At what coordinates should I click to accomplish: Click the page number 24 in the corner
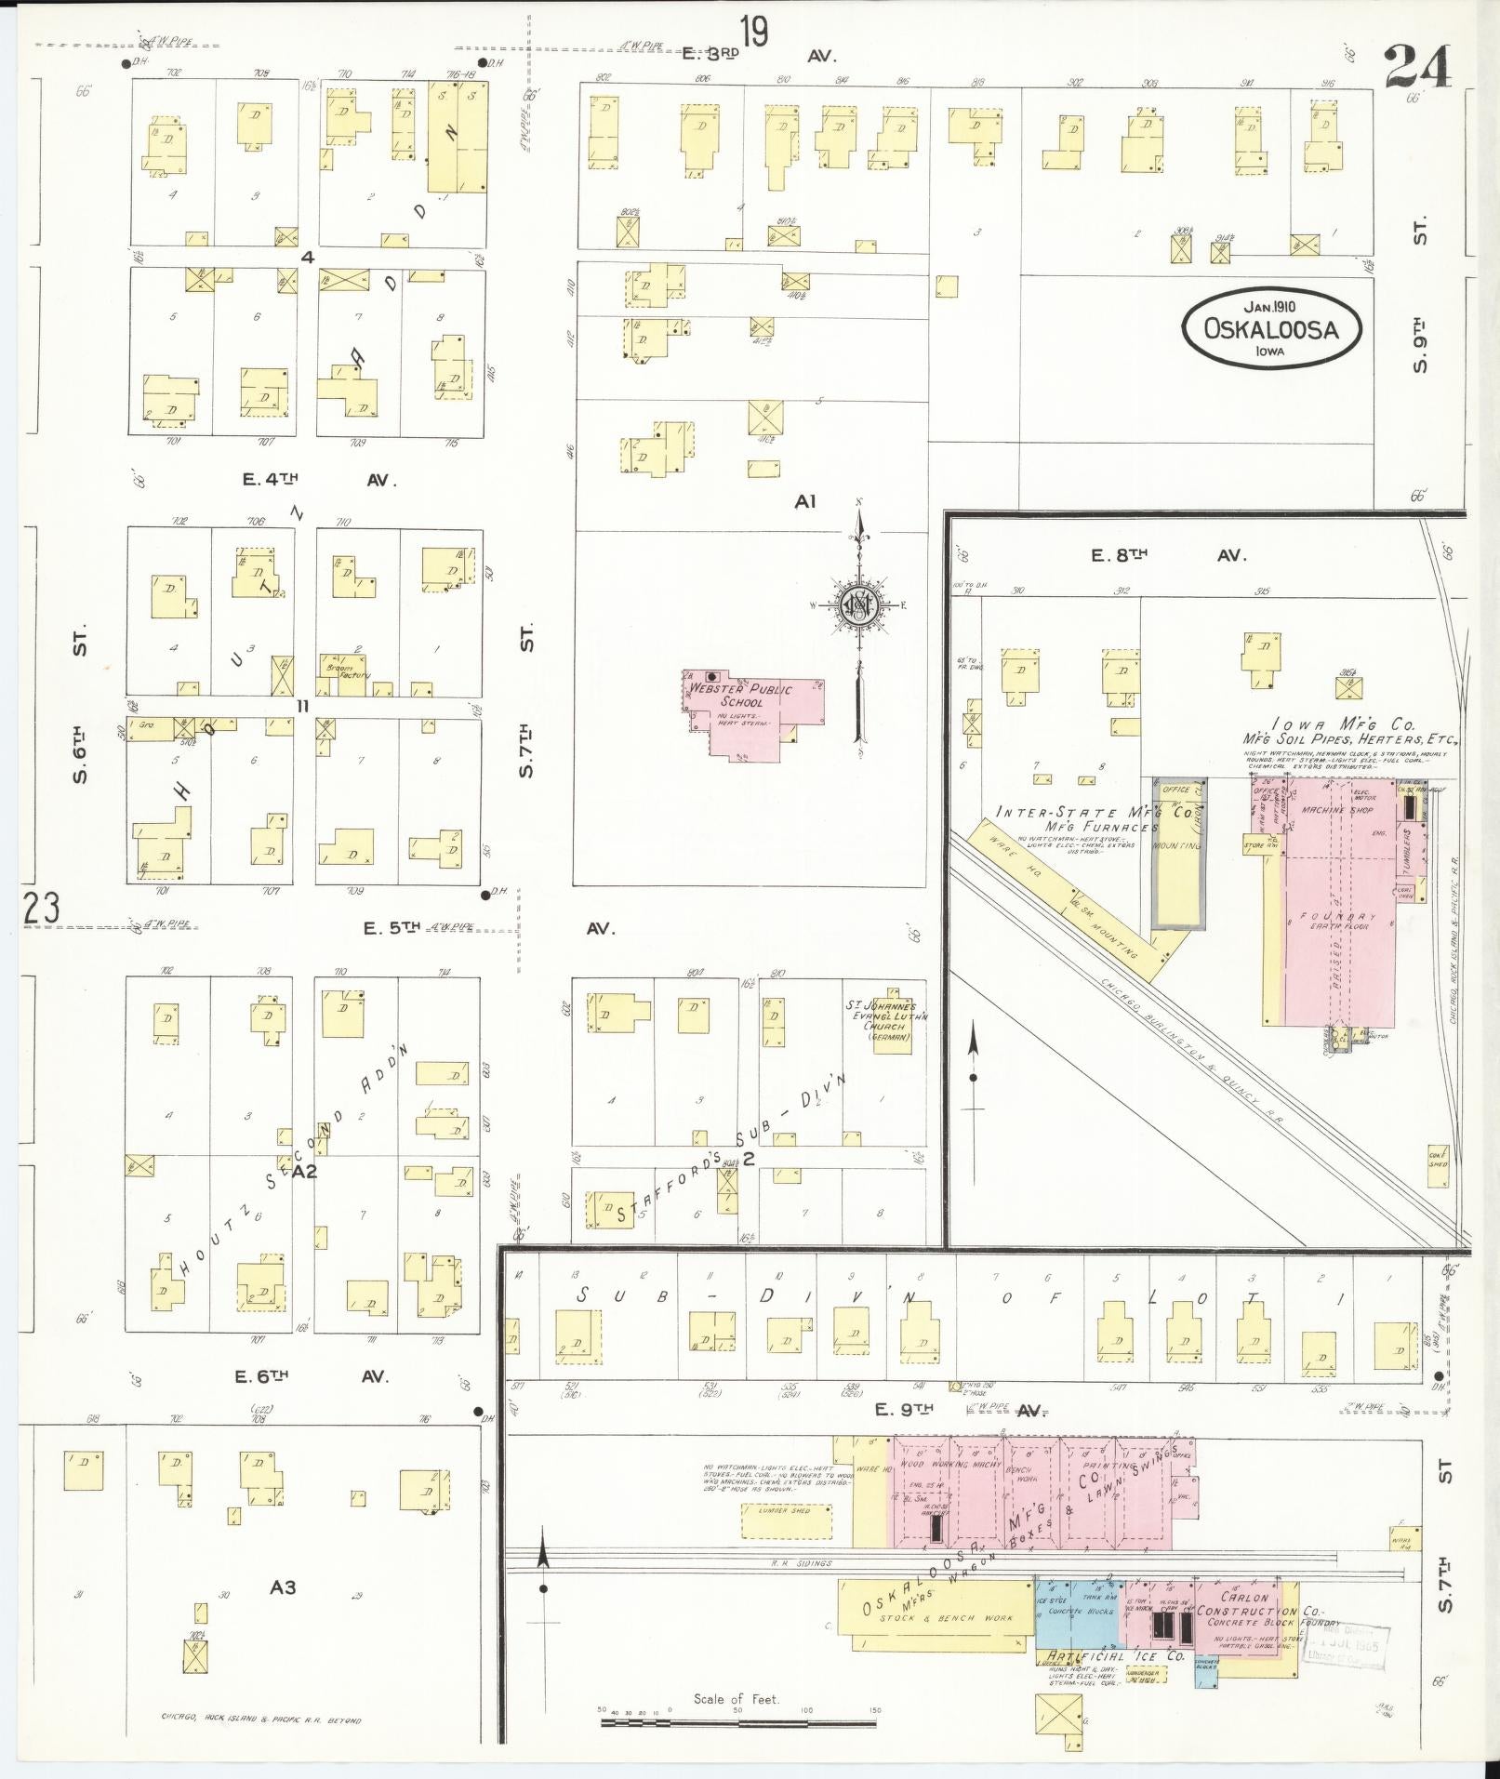(1417, 66)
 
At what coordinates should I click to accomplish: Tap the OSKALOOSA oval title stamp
(1271, 327)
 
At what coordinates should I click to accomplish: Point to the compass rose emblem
(858, 605)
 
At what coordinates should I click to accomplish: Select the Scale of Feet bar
(740, 1722)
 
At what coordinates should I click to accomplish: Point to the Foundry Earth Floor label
(1338, 920)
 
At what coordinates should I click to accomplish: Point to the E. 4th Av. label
(319, 480)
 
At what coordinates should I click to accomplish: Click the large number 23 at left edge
(41, 908)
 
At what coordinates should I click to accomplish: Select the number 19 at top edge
(754, 33)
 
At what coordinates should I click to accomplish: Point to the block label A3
(283, 1586)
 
